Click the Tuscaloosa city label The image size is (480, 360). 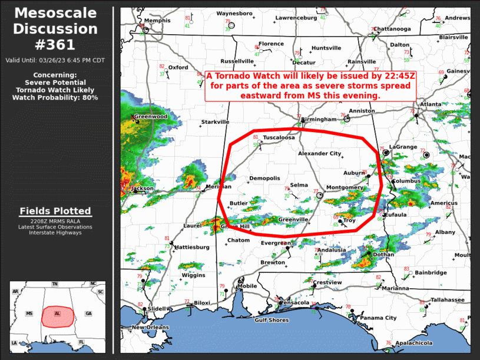click(x=279, y=137)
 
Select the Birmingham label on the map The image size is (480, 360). click(x=319, y=119)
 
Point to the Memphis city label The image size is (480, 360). click(x=157, y=21)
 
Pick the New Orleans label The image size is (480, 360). click(x=146, y=327)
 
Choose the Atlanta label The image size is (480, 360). click(x=430, y=104)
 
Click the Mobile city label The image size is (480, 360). click(x=247, y=286)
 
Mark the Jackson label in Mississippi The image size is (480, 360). click(x=143, y=189)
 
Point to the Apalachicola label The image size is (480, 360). click(x=413, y=343)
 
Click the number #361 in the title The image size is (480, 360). click(x=56, y=44)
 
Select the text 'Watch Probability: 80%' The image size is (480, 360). click(x=55, y=97)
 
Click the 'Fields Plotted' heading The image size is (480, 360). click(x=55, y=211)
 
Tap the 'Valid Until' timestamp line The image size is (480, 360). click(x=55, y=60)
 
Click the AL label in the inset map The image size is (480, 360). click(x=57, y=313)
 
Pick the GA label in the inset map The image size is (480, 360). click(x=88, y=313)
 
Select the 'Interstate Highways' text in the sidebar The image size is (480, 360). click(x=55, y=233)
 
